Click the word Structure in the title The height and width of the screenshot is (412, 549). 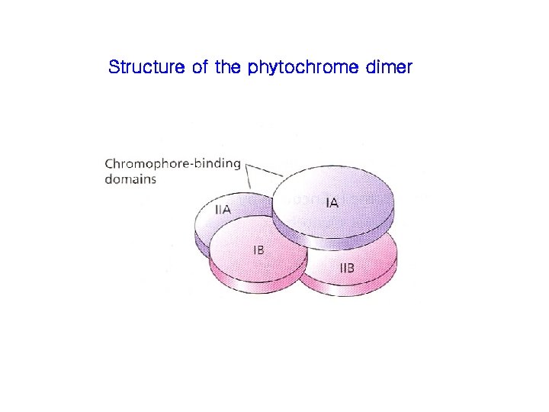143,67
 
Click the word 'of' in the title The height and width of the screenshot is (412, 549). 197,67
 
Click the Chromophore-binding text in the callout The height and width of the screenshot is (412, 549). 172,163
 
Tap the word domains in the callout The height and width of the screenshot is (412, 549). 130,179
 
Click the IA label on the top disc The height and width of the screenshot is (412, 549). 332,203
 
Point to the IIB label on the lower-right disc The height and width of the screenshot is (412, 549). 346,268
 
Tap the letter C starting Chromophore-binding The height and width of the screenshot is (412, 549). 108,163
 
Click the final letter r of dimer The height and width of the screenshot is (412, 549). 409,68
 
